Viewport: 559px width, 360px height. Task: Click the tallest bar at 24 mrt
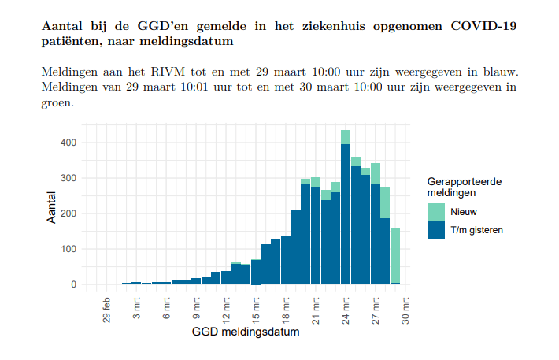tap(346, 213)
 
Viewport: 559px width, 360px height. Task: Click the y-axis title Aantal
tap(52, 206)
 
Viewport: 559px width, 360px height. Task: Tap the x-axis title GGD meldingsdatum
tap(246, 332)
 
